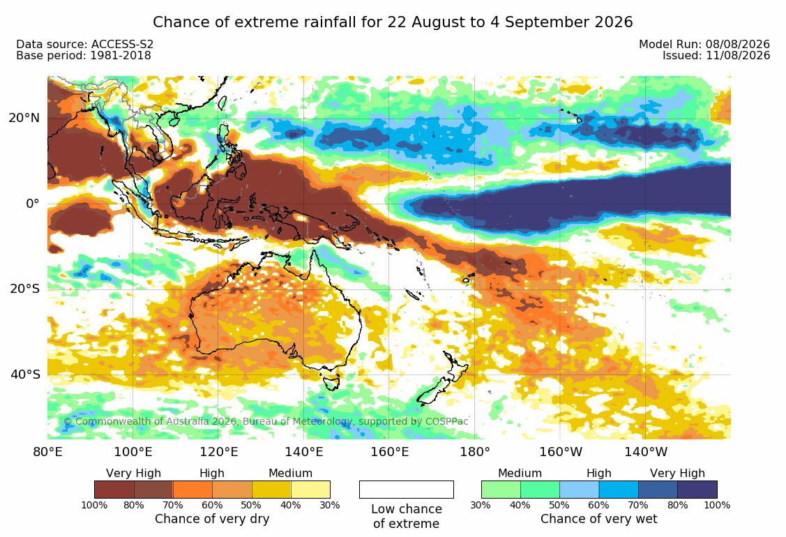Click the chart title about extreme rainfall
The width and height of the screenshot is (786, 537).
coord(393,22)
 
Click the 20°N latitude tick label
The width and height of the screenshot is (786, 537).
coord(24,119)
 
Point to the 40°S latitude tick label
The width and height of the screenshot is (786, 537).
coord(25,375)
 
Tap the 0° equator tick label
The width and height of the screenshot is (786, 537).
coord(33,204)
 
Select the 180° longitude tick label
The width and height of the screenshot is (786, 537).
coord(475,452)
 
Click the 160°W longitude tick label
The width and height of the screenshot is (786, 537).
coord(561,452)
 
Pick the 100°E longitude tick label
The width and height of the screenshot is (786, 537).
coord(133,452)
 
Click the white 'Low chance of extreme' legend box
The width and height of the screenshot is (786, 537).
coord(407,490)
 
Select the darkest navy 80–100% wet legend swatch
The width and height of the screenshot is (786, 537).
coord(697,490)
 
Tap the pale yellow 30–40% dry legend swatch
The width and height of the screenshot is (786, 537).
coord(310,490)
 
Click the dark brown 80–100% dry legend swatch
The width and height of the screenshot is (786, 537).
coord(114,490)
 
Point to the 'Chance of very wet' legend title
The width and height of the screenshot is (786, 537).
coord(598,519)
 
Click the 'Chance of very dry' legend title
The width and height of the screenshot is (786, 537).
coord(212,519)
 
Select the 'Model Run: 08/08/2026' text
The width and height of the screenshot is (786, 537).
coord(704,44)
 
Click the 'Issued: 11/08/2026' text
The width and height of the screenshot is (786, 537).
coord(716,55)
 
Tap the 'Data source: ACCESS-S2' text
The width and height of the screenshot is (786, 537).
coord(84,44)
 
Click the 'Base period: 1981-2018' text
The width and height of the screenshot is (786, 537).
coord(84,55)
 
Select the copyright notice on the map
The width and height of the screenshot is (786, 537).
coord(266,421)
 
